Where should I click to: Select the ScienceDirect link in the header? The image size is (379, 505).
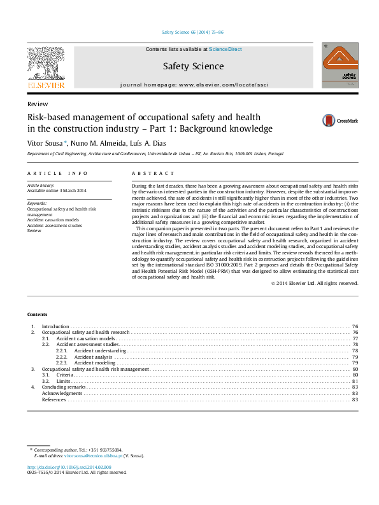(x=225, y=49)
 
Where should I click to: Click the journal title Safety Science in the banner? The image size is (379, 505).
(x=193, y=66)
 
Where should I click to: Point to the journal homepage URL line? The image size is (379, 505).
(x=193, y=84)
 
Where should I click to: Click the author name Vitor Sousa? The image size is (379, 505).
(x=43, y=143)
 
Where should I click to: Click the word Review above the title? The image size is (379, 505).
(x=37, y=104)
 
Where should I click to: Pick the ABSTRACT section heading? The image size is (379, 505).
(x=153, y=173)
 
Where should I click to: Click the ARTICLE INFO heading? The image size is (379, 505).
(x=57, y=173)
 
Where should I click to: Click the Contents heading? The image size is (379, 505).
(x=37, y=314)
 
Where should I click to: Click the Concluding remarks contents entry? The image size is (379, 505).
(x=64, y=387)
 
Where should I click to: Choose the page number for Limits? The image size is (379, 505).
(x=355, y=381)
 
